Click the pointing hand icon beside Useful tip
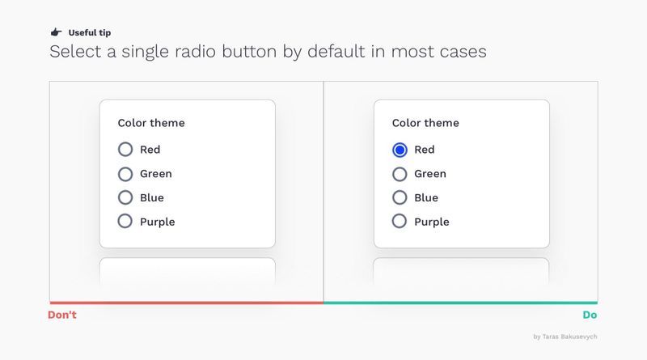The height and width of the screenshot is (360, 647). pos(56,32)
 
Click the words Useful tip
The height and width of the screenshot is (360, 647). pos(90,32)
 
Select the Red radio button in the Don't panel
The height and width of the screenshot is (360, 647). pos(125,149)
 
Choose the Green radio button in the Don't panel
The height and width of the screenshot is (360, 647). pos(125,174)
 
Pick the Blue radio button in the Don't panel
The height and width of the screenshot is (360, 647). pos(125,197)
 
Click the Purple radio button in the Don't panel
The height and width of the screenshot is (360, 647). pos(125,221)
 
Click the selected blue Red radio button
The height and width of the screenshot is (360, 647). pos(400,150)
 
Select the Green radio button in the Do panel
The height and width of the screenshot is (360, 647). pos(400,174)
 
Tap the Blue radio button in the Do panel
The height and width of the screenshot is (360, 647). pos(400,197)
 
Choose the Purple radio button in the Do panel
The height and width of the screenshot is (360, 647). pos(399,221)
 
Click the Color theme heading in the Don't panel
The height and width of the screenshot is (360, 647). pos(151,123)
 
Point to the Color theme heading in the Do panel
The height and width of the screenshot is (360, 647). pos(425,123)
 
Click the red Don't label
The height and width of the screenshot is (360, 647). pos(62,315)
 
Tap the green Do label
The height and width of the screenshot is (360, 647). pos(590,315)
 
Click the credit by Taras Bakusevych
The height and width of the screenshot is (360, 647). pos(565,337)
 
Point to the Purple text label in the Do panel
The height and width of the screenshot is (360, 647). pos(432,222)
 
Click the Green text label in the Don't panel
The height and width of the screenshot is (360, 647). pos(156,174)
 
